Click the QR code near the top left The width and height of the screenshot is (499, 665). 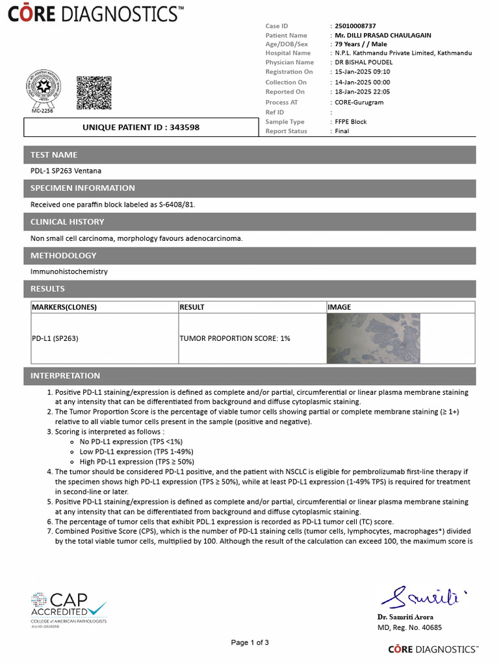point(94,93)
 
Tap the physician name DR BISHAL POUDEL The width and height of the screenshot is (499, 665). point(363,62)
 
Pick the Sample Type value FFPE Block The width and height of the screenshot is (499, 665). point(350,121)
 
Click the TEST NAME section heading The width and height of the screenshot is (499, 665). point(54,155)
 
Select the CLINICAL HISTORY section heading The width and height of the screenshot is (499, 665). point(67,221)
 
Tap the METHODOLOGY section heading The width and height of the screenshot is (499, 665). point(63,255)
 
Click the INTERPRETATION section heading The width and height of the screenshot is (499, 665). point(65,375)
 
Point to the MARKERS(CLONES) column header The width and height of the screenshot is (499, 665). point(64,307)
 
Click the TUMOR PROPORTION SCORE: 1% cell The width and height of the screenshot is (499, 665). point(235,338)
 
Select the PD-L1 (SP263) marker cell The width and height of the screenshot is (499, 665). point(55,338)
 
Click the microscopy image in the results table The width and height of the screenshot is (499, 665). point(374,338)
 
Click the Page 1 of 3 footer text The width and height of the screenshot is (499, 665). point(249,642)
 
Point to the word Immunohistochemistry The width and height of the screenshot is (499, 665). point(69,271)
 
